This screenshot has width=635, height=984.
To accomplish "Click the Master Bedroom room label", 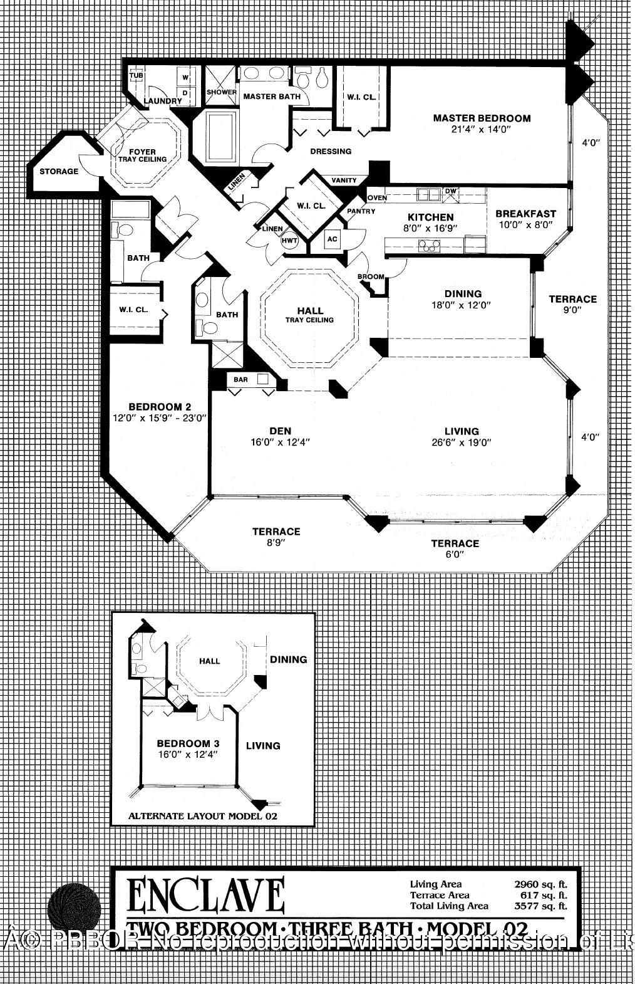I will (482, 118).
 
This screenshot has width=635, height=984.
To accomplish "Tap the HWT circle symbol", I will (289, 240).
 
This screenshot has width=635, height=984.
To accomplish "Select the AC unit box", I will (333, 239).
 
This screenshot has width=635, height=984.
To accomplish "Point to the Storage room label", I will (59, 171).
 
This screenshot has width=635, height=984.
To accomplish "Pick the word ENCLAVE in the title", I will (207, 896).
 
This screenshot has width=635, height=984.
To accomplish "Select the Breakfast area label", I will (525, 214).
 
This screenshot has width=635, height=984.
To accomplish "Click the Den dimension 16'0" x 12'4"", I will (280, 442).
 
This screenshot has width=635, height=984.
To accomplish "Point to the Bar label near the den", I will (240, 380).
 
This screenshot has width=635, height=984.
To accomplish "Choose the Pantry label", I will (361, 211).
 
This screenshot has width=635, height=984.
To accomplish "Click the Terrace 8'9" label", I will (276, 531).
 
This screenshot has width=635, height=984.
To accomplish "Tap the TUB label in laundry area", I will (136, 76).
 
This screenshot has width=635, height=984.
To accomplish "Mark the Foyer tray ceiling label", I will (142, 155).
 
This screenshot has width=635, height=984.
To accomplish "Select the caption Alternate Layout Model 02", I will (202, 816).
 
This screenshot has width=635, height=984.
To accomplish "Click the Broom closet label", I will (371, 276).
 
